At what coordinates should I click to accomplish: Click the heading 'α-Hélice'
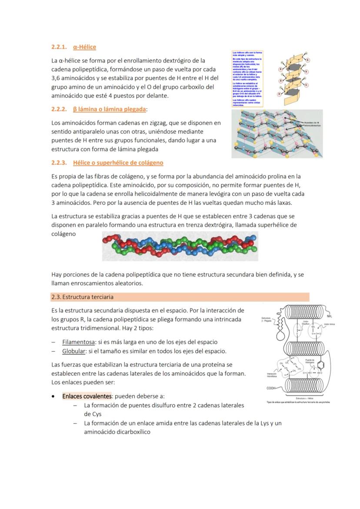pos(84,47)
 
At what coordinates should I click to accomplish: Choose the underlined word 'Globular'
pos(73,351)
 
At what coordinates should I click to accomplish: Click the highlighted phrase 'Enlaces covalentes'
pos(87,396)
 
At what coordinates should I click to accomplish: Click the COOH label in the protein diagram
pos(271,388)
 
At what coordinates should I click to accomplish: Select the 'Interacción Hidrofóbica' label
pos(272,375)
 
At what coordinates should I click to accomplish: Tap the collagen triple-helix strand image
pos(180,246)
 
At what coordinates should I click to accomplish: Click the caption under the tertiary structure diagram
pos(298,402)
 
